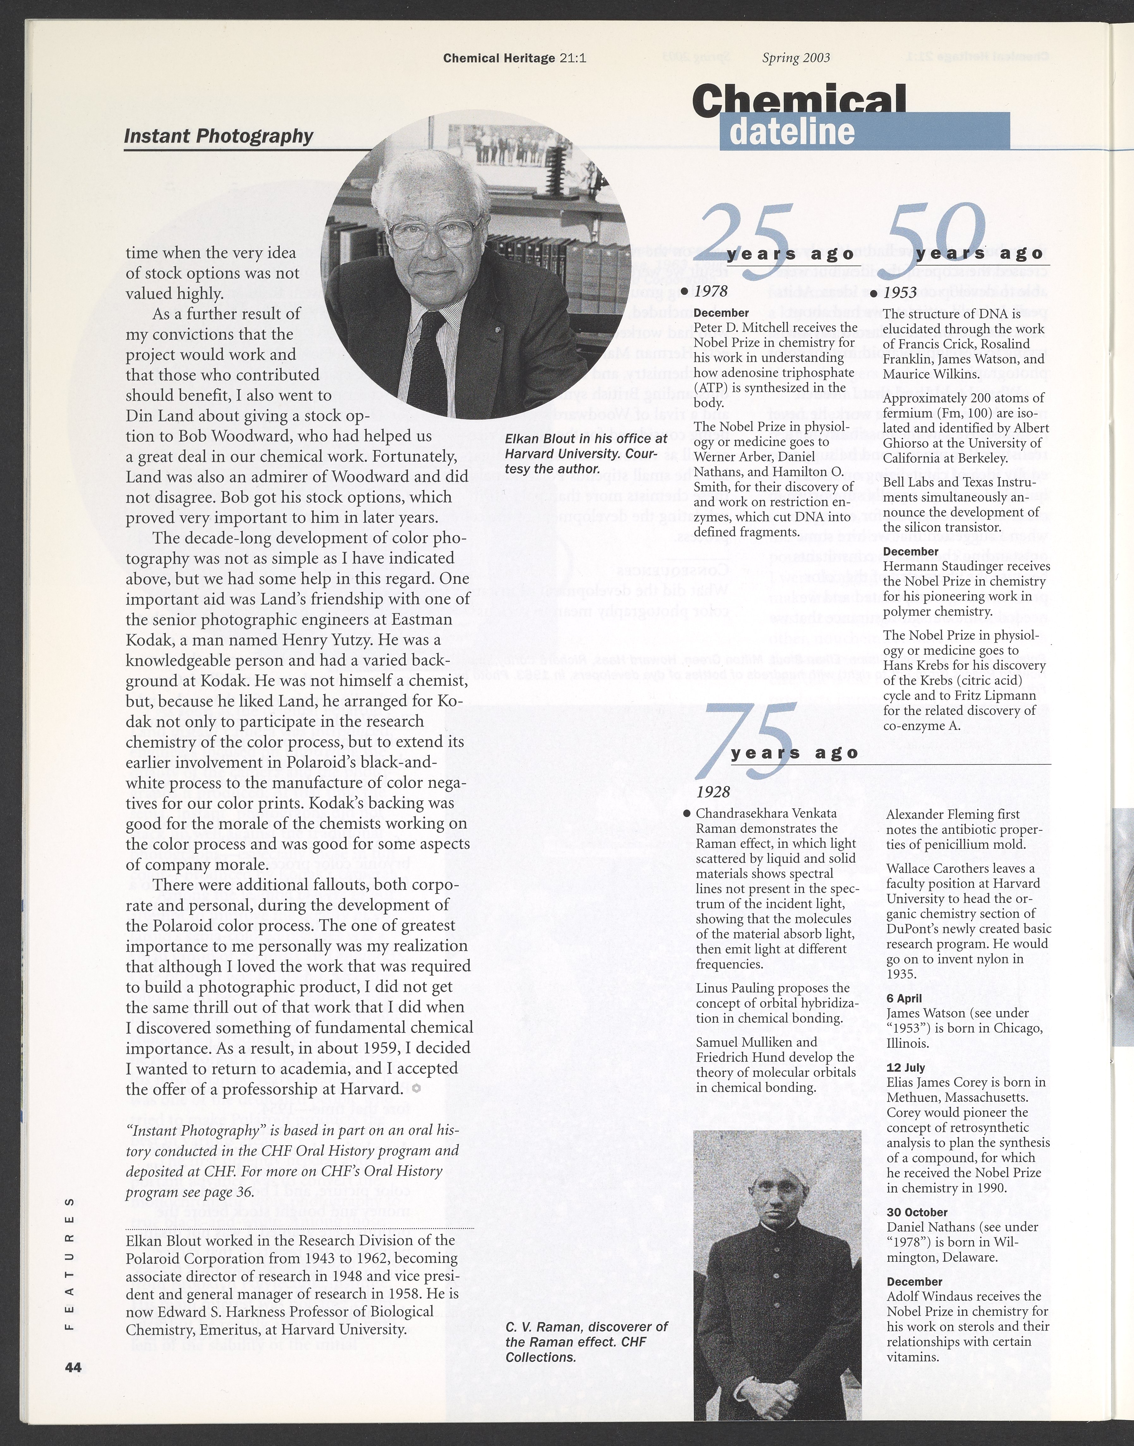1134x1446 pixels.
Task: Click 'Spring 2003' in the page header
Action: point(796,58)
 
